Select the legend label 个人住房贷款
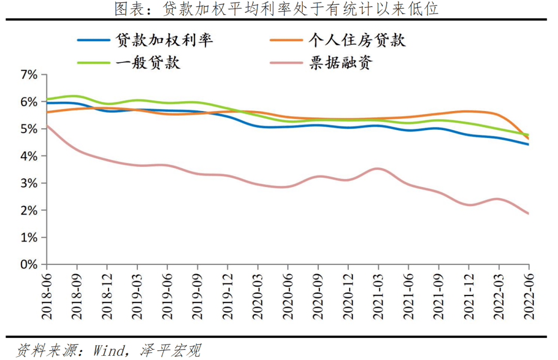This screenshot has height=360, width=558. [357, 40]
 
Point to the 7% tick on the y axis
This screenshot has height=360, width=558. [28, 75]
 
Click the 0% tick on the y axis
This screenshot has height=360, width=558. [28, 264]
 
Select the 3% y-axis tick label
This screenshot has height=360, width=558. [28, 183]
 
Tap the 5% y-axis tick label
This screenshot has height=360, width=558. [28, 129]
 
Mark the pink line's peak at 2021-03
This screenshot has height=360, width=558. [378, 168]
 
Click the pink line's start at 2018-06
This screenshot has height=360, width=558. [47, 126]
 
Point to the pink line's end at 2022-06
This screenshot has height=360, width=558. [528, 213]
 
